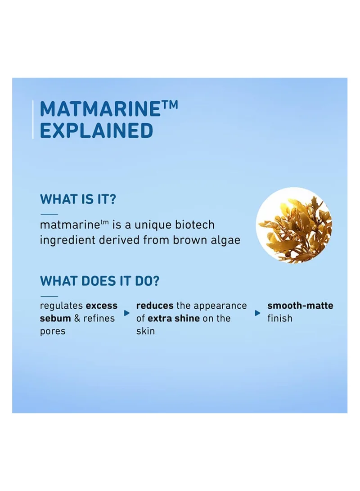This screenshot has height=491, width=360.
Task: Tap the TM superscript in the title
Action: click(x=169, y=105)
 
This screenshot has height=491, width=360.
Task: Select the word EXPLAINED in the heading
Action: click(x=96, y=131)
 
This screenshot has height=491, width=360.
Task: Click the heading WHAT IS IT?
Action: click(x=78, y=199)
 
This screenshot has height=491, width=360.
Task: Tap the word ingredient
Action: click(x=67, y=240)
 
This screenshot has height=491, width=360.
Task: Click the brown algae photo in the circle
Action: click(x=294, y=225)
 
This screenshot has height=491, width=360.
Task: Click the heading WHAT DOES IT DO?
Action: click(x=99, y=281)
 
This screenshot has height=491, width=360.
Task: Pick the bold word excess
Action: click(x=101, y=306)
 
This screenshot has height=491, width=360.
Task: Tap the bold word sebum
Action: click(x=55, y=318)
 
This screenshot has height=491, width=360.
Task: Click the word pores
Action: click(x=53, y=332)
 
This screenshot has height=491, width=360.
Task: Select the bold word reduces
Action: click(x=155, y=305)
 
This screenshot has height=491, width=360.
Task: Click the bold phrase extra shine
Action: click(x=173, y=318)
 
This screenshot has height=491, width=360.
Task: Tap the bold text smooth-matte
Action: click(x=300, y=305)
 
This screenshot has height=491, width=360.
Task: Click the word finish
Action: click(x=280, y=318)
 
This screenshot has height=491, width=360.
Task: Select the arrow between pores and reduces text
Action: click(x=127, y=313)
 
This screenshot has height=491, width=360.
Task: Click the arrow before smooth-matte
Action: click(x=258, y=313)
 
